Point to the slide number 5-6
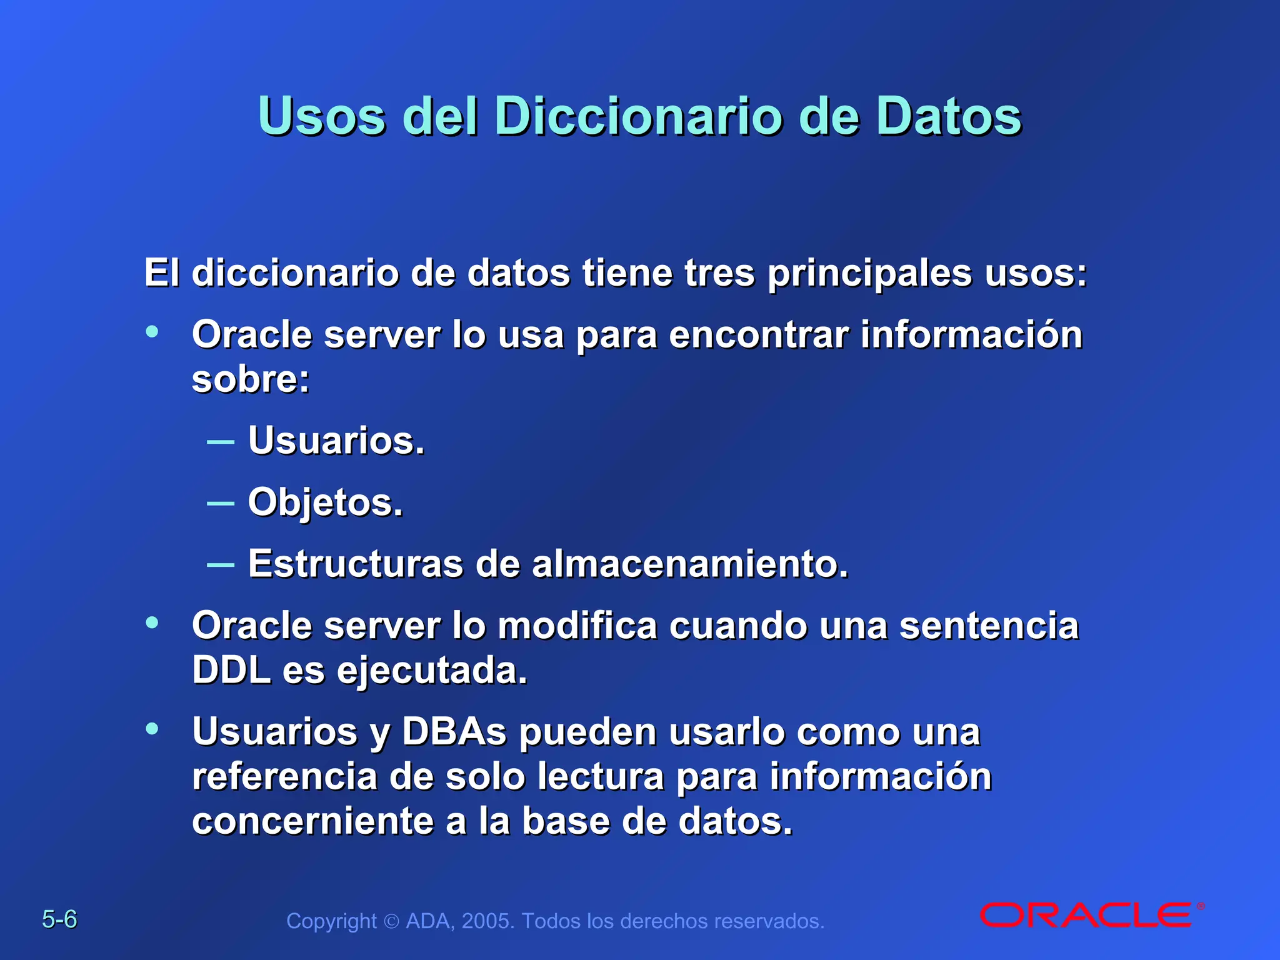coord(59,919)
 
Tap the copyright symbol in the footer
coord(391,922)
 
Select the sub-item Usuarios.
coord(336,441)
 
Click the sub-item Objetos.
coord(325,502)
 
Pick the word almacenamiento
coord(690,564)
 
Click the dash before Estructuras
coord(220,565)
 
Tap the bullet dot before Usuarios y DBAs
coord(152,729)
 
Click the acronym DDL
coord(231,671)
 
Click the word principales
coord(869,273)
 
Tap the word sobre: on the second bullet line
coord(251,379)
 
